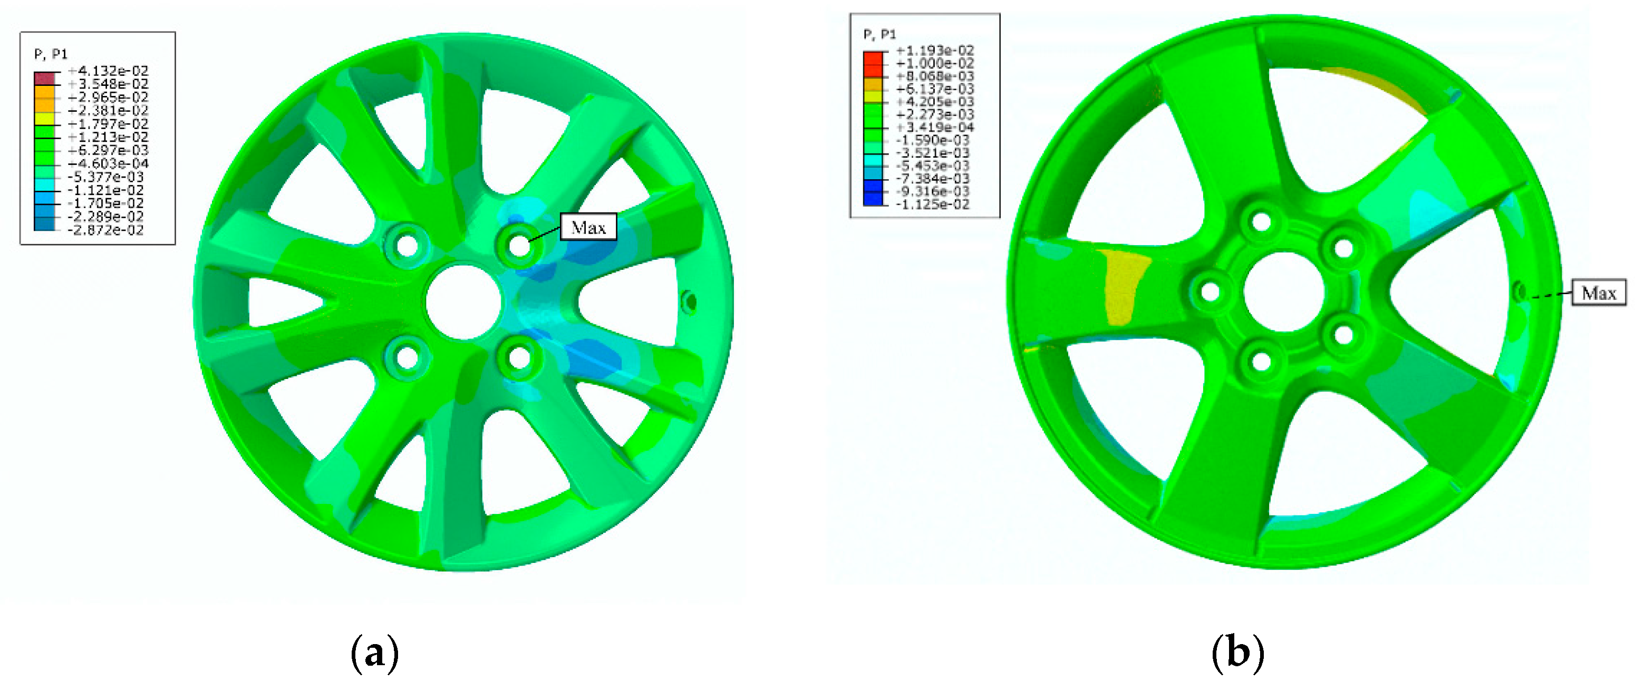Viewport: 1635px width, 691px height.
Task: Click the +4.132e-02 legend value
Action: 108,71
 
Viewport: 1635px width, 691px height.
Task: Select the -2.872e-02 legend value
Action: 106,230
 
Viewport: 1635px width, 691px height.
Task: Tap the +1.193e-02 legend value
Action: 935,50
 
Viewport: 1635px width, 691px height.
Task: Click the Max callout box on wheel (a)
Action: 588,227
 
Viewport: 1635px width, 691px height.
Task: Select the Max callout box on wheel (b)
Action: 1598,293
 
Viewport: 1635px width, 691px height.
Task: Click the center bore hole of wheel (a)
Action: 463,302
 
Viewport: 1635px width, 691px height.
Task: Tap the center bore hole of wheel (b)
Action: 1284,292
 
